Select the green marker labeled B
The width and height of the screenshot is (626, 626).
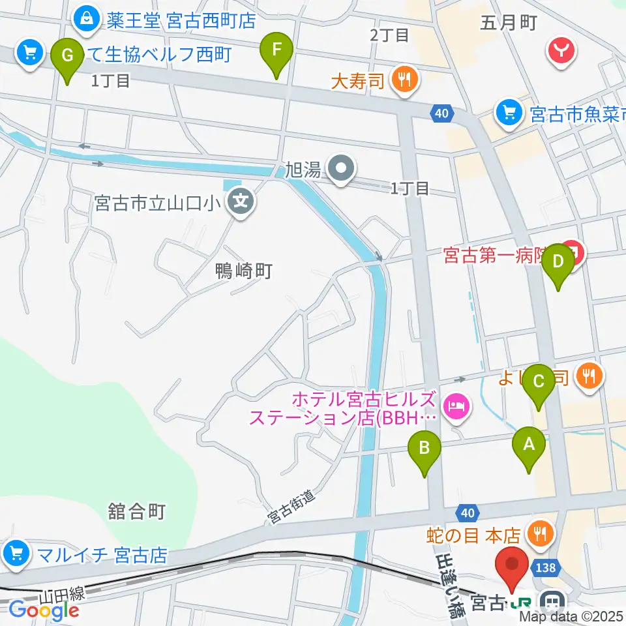pos(425,448)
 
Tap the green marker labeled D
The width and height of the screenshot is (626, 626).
pos(558,261)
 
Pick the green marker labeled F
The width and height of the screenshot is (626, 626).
pos(276,49)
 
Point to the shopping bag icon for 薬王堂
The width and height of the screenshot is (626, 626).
pos(86,20)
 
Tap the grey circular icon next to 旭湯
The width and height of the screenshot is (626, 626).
pos(340,171)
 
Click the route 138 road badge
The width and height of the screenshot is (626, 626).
pos(546,568)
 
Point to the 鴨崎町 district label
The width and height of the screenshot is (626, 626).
pos(244,271)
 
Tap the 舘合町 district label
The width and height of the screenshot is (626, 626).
pos(138,511)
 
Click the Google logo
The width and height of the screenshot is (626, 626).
pos(44,610)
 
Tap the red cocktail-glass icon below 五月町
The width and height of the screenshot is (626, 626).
pos(561,51)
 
